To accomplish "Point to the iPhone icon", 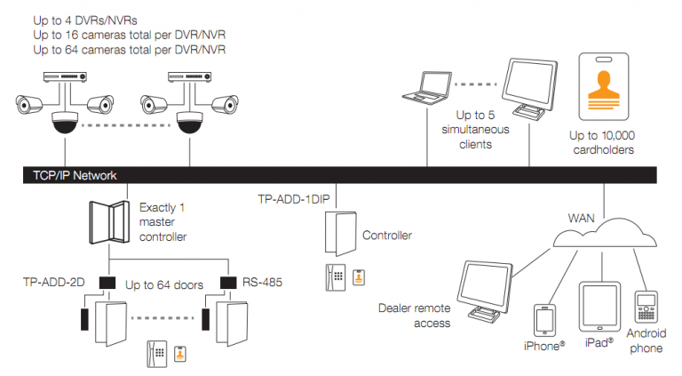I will (543, 320).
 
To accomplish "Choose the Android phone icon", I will (646, 308).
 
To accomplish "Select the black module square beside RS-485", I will (228, 284).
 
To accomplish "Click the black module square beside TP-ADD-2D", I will (108, 284).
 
